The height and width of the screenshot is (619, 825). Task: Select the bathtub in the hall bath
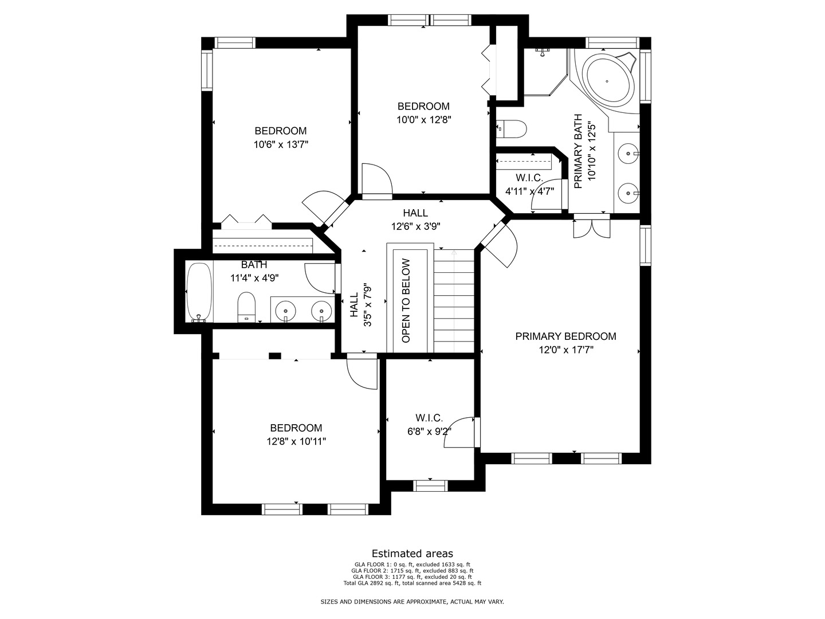(199, 292)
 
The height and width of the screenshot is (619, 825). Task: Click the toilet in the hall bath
(246, 307)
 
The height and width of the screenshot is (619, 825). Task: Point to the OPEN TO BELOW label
(406, 301)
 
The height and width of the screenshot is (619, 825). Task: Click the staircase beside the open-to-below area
(454, 301)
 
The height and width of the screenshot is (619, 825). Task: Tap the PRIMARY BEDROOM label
(565, 336)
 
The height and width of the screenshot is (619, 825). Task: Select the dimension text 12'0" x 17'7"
(565, 350)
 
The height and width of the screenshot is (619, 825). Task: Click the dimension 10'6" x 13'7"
(281, 144)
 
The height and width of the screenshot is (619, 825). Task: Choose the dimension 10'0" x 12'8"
(423, 120)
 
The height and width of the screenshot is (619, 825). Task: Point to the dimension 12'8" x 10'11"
(296, 441)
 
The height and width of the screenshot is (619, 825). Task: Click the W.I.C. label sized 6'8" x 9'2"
(429, 418)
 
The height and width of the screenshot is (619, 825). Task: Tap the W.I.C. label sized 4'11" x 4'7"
(529, 178)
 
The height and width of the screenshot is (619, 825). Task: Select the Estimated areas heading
(412, 553)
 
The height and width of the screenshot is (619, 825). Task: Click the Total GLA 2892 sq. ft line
(412, 583)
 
